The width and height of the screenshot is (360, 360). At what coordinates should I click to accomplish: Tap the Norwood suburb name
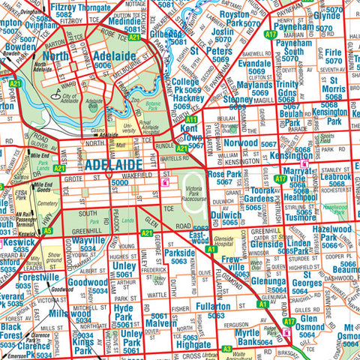[x=241, y=142]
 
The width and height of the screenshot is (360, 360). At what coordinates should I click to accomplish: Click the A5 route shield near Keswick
[x=47, y=231]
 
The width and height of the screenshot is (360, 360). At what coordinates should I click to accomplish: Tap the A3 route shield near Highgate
[x=226, y=348]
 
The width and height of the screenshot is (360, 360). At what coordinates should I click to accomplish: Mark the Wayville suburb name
[x=88, y=241]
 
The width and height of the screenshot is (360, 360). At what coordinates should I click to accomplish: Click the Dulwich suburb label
[x=226, y=214]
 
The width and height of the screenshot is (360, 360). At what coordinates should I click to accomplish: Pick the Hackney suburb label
[x=188, y=97]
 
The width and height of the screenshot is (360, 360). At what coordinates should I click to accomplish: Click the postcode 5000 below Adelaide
[x=120, y=182]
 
